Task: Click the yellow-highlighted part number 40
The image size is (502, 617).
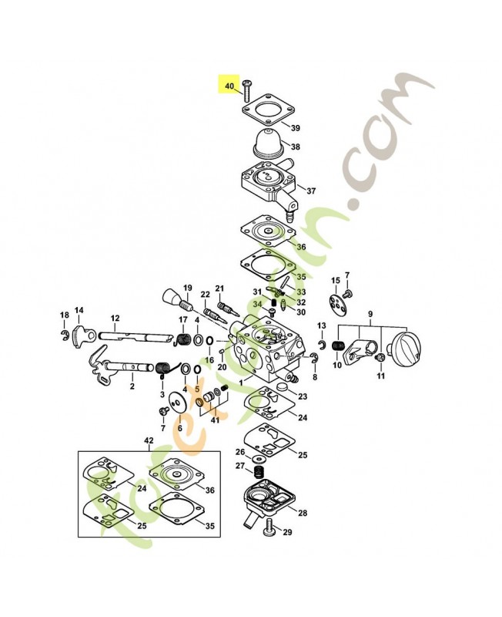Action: pyautogui.click(x=229, y=86)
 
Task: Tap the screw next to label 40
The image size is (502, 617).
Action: pyautogui.click(x=246, y=90)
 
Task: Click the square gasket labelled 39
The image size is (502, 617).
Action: pyautogui.click(x=264, y=112)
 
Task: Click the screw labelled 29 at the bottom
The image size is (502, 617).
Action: pyautogui.click(x=272, y=528)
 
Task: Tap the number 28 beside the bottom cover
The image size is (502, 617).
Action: pyautogui.click(x=302, y=513)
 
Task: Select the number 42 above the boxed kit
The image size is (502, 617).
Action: pyautogui.click(x=149, y=440)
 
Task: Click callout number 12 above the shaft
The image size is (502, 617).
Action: pyautogui.click(x=115, y=319)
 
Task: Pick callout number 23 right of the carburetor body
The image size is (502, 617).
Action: pyautogui.click(x=303, y=396)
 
